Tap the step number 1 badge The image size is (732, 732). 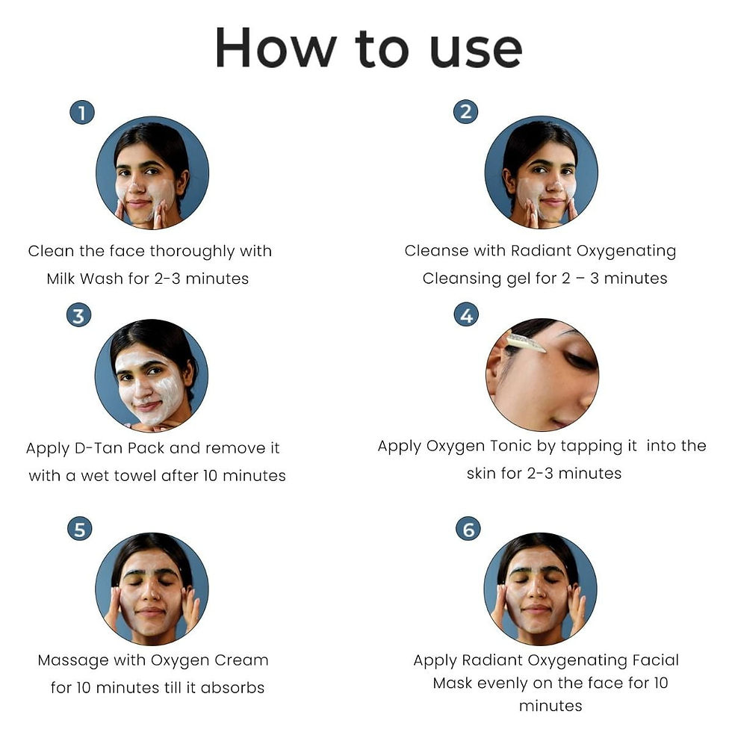[82, 113]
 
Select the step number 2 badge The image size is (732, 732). [465, 112]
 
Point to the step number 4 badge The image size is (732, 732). [466, 315]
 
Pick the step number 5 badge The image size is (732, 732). [79, 530]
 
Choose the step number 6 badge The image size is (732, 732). [468, 530]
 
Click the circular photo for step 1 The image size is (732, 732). [152, 173]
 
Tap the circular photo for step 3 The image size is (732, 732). [152, 375]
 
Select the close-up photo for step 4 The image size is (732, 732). [542, 374]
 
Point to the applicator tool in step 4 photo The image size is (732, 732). [525, 342]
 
